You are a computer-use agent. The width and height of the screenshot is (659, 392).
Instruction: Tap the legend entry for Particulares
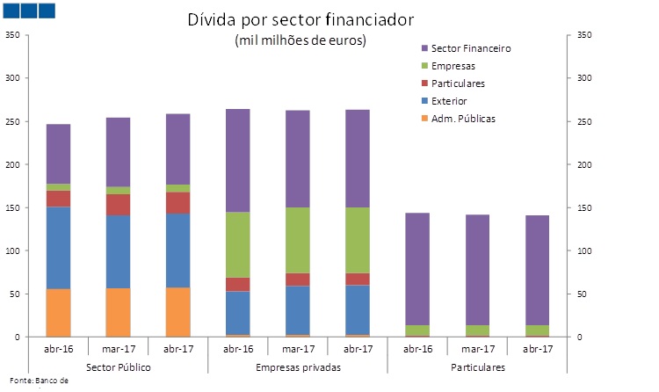point(458,83)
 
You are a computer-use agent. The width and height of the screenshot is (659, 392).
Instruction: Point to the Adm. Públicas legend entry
point(463,119)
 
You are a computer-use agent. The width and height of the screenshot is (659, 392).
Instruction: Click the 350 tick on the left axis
point(12,35)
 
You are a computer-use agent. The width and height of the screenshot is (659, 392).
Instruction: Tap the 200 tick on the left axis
point(12,165)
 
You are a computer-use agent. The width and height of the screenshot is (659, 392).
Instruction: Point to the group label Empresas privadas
point(298,367)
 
